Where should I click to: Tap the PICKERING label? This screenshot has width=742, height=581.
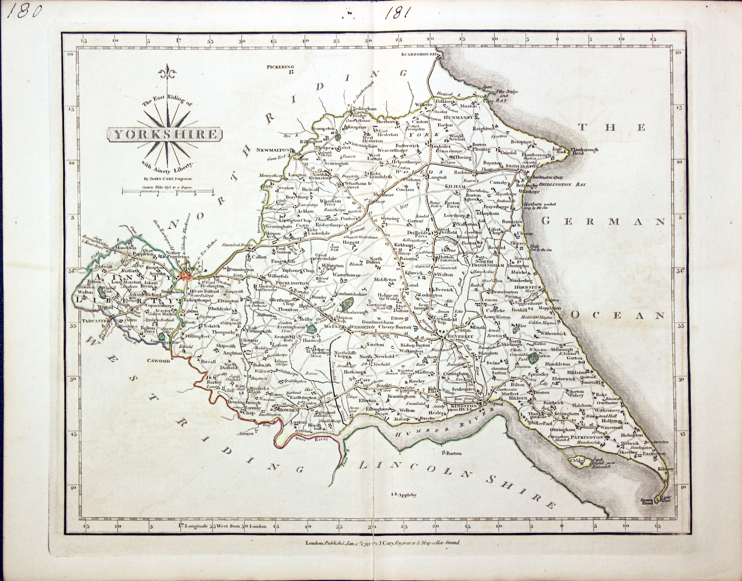click(279, 67)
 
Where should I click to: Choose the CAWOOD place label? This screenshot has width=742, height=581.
click(158, 361)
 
